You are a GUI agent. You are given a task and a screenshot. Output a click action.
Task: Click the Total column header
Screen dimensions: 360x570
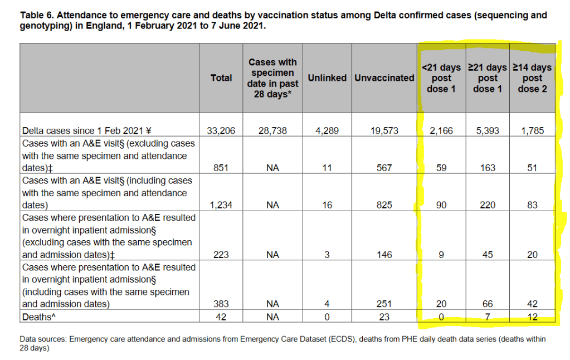click(221, 78)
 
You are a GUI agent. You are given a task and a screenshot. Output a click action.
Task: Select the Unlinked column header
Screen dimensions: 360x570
click(327, 78)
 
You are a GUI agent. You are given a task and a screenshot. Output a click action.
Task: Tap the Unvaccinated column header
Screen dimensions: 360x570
click(384, 78)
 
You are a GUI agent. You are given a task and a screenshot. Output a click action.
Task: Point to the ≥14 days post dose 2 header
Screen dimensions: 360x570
click(532, 78)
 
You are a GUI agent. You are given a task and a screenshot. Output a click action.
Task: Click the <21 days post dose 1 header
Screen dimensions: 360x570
click(441, 78)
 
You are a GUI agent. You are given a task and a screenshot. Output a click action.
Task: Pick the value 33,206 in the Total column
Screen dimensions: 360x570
click(221, 131)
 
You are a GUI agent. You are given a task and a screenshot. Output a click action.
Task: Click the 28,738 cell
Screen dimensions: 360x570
click(272, 131)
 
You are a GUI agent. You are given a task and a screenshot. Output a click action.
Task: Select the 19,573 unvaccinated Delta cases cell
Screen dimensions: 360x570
click(384, 131)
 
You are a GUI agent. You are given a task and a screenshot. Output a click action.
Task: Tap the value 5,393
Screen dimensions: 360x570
click(488, 131)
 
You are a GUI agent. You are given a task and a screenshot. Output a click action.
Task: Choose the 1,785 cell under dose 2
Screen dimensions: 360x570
click(532, 131)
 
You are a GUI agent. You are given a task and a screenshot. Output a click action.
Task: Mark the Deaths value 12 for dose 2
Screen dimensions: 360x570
click(532, 317)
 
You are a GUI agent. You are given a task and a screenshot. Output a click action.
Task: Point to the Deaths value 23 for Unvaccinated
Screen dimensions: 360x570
click(384, 317)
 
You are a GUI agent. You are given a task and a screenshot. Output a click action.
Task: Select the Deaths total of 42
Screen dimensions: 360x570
click(221, 317)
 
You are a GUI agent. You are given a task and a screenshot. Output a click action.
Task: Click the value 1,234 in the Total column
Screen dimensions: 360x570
click(221, 205)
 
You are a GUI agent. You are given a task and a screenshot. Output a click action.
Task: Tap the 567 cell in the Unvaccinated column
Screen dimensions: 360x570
click(384, 168)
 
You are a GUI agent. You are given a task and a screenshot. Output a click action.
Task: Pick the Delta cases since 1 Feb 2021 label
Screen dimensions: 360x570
click(86, 131)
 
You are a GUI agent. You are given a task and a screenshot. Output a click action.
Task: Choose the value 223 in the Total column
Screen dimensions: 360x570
click(221, 255)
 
